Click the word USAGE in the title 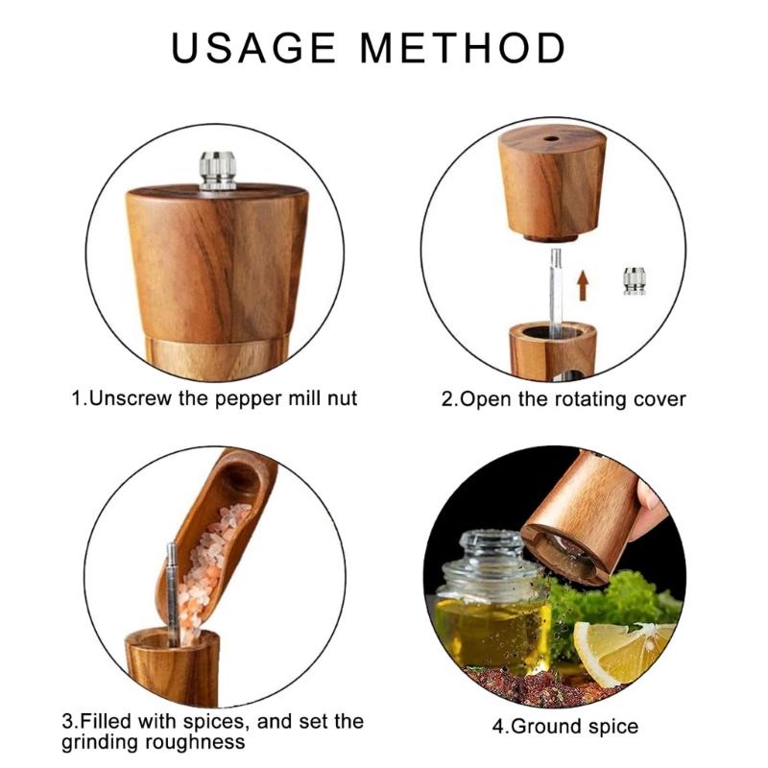253,47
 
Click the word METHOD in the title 463,47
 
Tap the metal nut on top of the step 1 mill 218,171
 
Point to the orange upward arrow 582,285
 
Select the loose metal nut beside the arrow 635,281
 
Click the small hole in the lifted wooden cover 551,138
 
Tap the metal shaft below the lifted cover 555,293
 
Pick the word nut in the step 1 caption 342,398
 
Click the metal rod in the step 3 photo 172,593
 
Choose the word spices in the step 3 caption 214,722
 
